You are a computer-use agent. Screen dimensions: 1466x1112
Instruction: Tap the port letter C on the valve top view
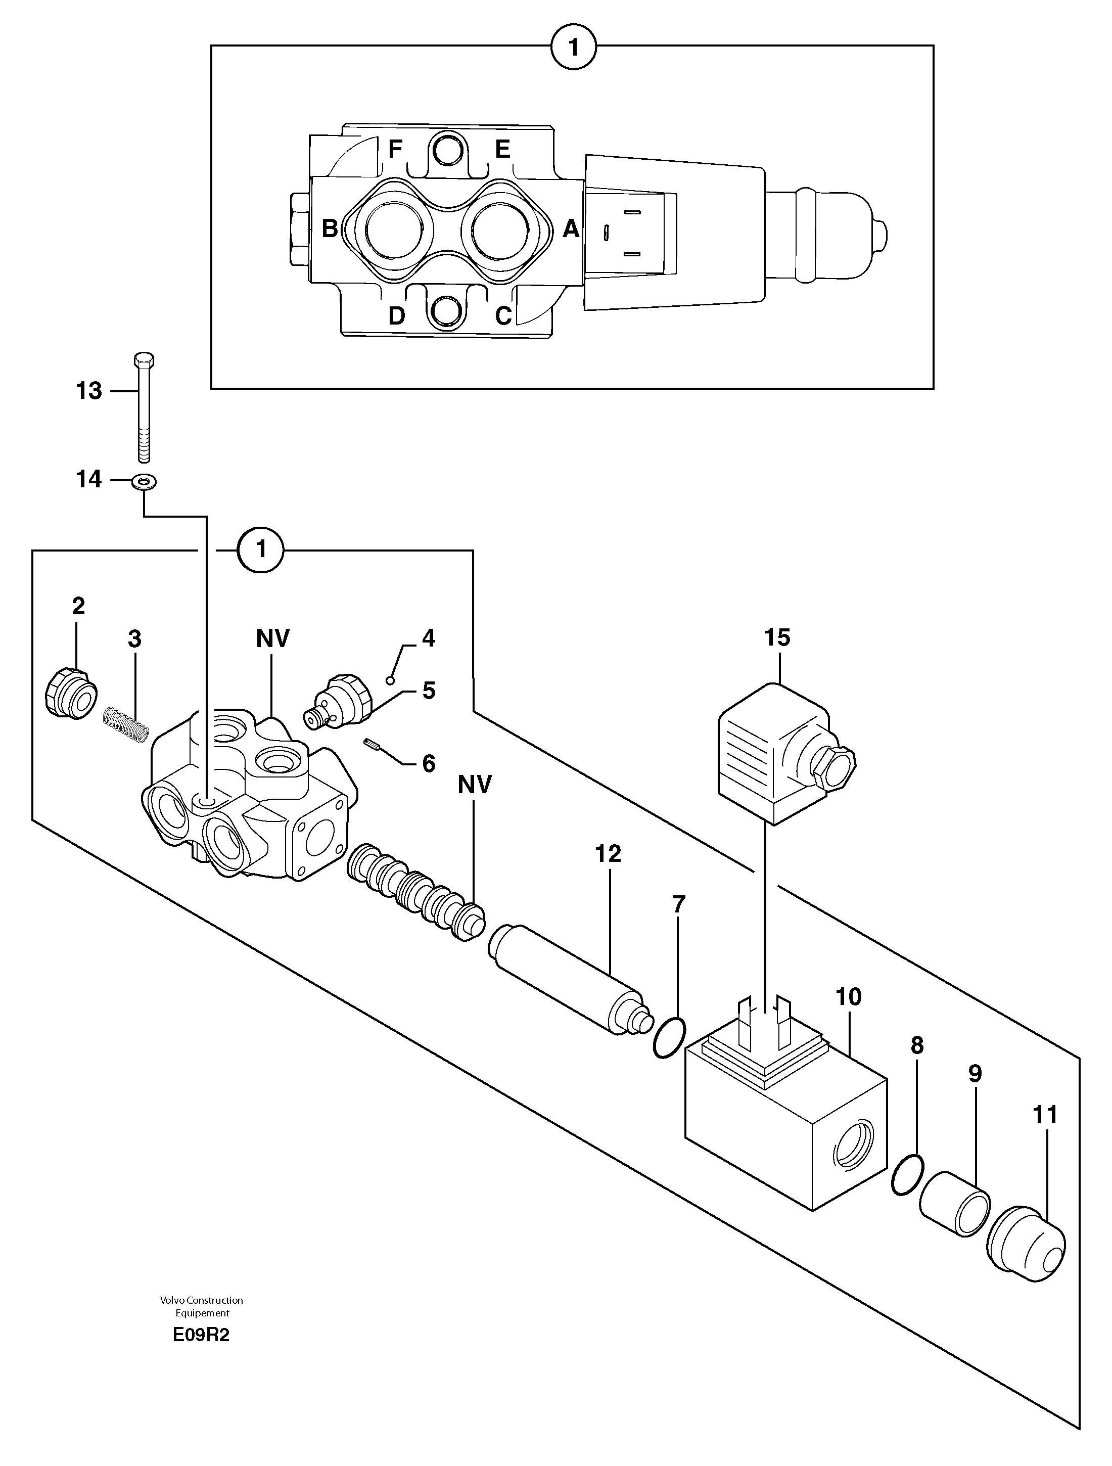(503, 315)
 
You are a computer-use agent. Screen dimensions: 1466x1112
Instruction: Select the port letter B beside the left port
(330, 228)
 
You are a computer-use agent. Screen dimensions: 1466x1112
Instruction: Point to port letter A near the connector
(571, 230)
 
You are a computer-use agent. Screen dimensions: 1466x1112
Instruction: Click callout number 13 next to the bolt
(89, 391)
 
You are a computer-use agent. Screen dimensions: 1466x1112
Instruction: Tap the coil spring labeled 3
(126, 725)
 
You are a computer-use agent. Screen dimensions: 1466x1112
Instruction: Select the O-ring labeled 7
(669, 1039)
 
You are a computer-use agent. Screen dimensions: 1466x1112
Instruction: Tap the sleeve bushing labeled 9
(954, 1212)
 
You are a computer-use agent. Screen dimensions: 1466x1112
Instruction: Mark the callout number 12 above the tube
(608, 854)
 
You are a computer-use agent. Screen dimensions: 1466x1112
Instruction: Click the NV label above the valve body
(272, 639)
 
